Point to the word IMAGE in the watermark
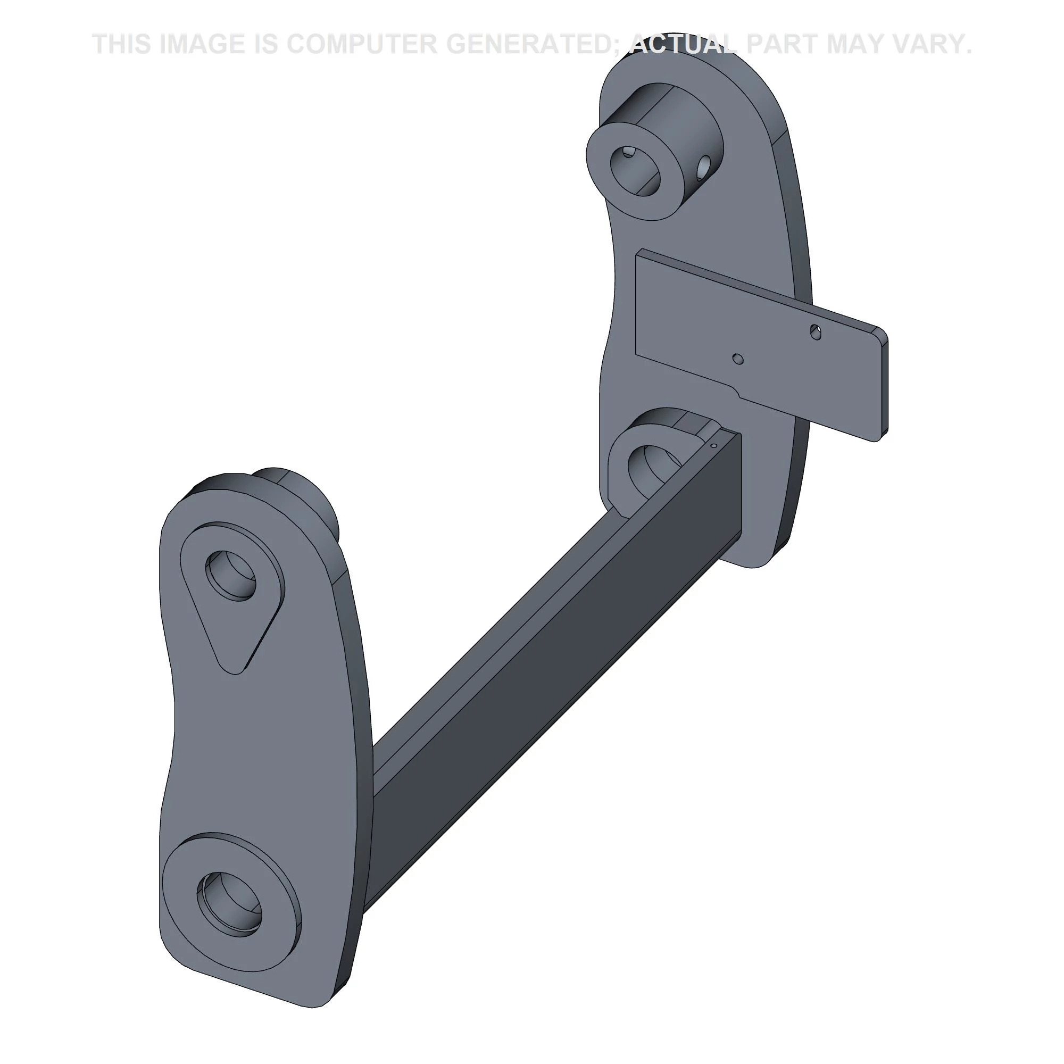201,44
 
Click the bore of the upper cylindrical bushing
635,170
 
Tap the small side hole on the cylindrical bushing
704,168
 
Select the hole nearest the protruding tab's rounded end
816,331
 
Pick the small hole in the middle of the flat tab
738,359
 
